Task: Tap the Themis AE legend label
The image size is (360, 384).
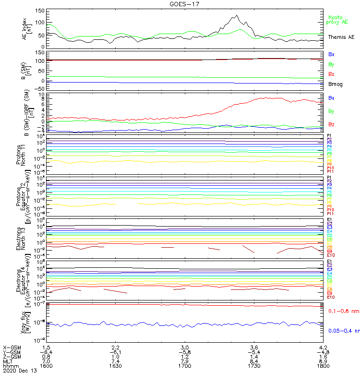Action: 341,37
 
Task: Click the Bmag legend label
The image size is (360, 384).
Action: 335,84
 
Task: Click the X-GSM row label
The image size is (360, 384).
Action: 12,347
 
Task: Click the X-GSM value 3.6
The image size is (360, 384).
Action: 254,347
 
